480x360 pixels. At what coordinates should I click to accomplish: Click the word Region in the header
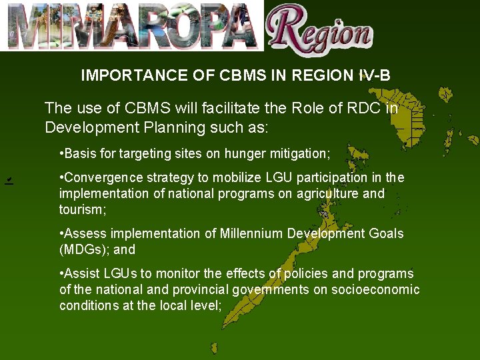(x=320, y=30)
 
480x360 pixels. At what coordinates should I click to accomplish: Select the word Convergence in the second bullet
(x=97, y=178)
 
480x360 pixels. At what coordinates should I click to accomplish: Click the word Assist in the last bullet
(x=80, y=274)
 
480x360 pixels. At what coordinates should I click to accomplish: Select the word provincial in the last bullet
(x=200, y=290)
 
